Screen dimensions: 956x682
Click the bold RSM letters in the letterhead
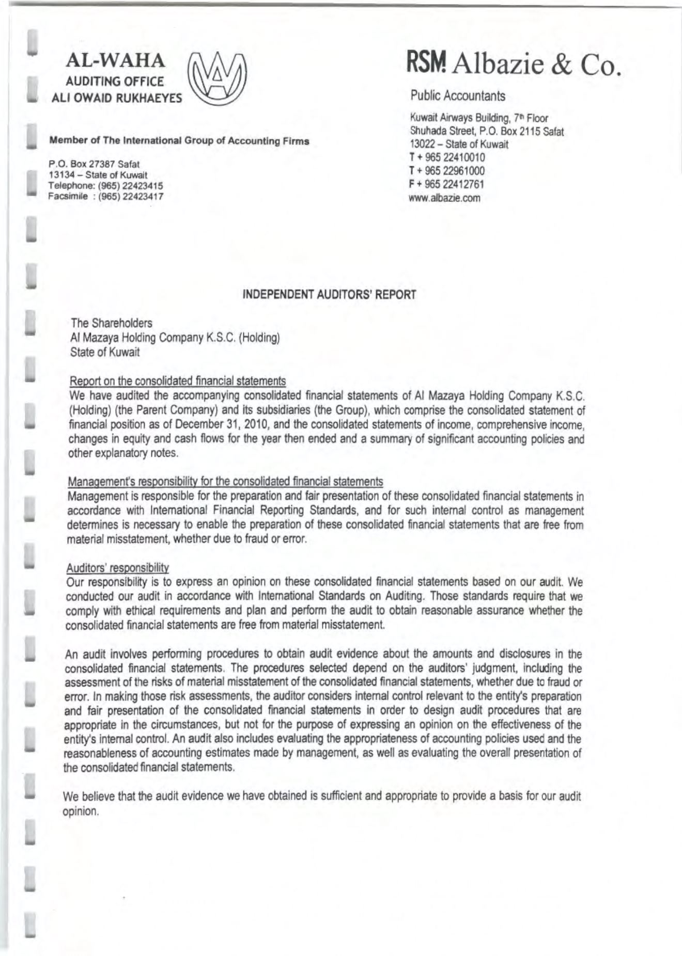[427, 62]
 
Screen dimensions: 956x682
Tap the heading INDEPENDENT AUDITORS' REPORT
[329, 295]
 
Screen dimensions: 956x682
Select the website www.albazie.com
[445, 198]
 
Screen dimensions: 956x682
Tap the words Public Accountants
[458, 96]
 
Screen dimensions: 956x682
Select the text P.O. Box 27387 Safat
[94, 164]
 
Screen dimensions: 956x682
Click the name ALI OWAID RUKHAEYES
[117, 98]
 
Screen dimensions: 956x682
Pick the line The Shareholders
[112, 323]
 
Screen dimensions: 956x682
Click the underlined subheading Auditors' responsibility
[118, 568]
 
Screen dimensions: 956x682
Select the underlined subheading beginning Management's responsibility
[225, 482]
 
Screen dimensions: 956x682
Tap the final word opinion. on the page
[81, 811]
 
